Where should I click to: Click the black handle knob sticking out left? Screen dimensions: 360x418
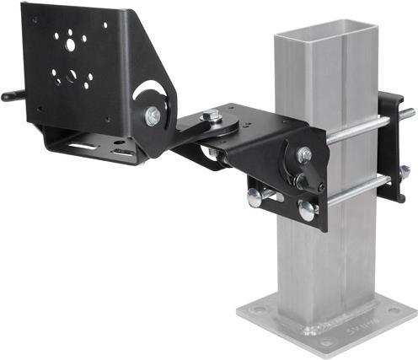click(10, 96)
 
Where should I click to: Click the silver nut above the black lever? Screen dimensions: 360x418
click(304, 154)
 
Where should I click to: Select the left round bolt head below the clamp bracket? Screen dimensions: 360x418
click(256, 196)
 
